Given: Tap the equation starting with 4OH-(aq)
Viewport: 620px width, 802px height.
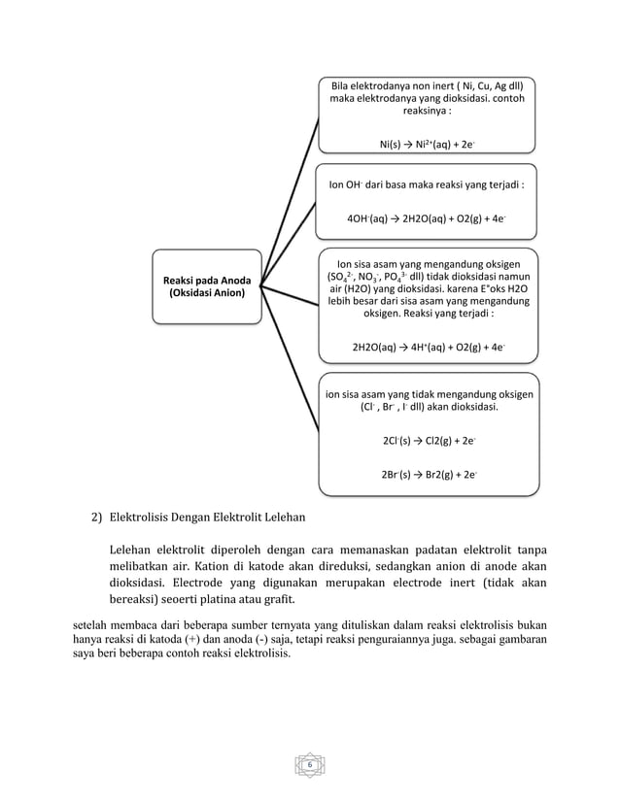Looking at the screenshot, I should (x=427, y=219).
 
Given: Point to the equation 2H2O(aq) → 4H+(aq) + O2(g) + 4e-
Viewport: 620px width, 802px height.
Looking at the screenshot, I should (x=427, y=347).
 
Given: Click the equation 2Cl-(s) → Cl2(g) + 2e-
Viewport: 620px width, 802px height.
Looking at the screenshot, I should (x=427, y=441).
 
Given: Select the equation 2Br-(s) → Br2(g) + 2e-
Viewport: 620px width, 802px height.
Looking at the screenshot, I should (x=427, y=475).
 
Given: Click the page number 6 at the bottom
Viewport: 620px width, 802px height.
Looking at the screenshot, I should (x=309, y=766).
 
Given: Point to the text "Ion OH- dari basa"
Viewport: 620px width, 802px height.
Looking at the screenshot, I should (x=374, y=184).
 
